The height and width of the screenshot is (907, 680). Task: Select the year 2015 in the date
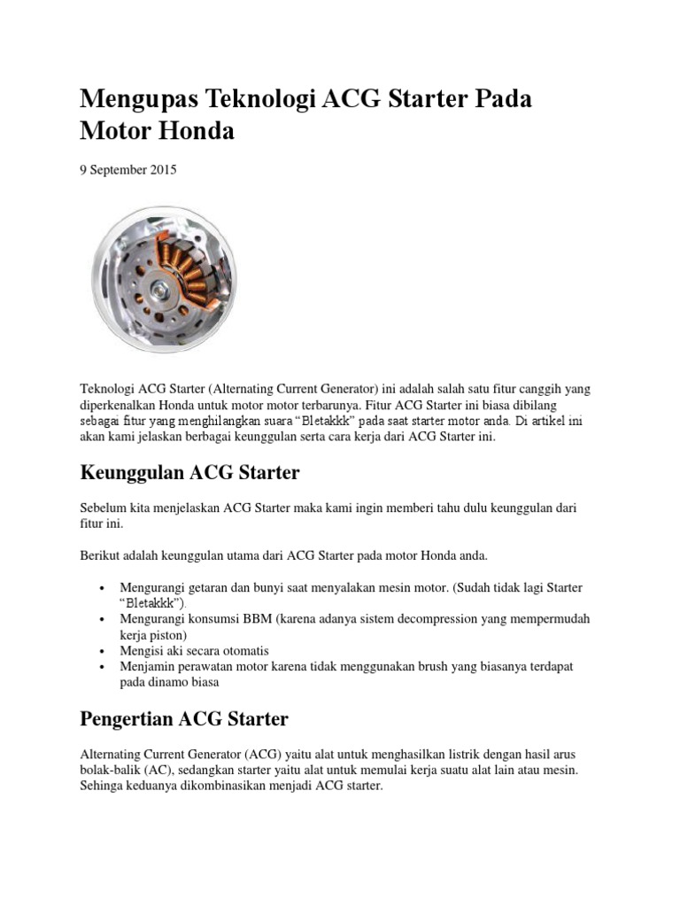tap(162, 170)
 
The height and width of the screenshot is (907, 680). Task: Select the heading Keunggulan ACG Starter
tap(189, 473)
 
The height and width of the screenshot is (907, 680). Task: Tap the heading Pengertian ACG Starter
tap(183, 718)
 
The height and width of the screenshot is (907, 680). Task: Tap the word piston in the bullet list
tap(171, 634)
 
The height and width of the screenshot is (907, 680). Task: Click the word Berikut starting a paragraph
tap(100, 555)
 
